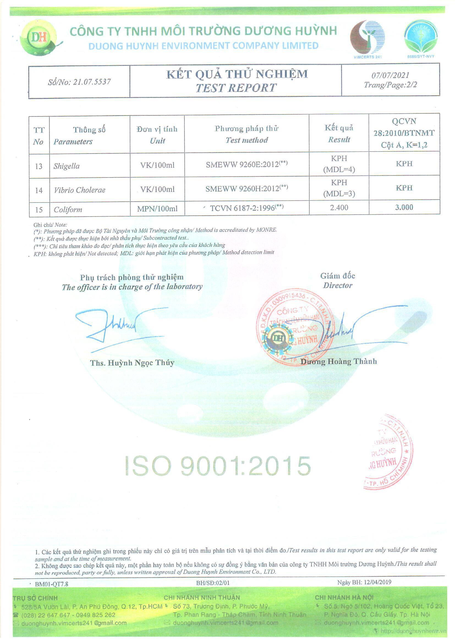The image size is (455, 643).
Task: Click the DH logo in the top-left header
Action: pyautogui.click(x=39, y=38)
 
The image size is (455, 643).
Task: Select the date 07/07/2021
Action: pyautogui.click(x=390, y=75)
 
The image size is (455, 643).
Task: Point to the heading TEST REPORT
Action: pyautogui.click(x=236, y=88)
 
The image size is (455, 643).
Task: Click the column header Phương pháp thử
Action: pyautogui.click(x=246, y=128)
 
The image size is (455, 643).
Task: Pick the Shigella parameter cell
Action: pyautogui.click(x=67, y=166)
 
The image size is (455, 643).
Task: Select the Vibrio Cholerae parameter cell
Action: pyautogui.click(x=80, y=190)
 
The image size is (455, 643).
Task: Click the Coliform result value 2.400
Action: pyautogui.click(x=339, y=208)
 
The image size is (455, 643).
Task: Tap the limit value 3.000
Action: pyautogui.click(x=404, y=207)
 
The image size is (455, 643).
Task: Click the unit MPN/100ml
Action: pyautogui.click(x=157, y=209)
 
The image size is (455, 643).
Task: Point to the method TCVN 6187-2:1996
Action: pyautogui.click(x=243, y=208)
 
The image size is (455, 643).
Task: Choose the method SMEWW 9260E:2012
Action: pyautogui.click(x=243, y=165)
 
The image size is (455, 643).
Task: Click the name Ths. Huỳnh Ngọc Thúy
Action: pyautogui.click(x=132, y=363)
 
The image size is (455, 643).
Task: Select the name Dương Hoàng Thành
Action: pyautogui.click(x=338, y=362)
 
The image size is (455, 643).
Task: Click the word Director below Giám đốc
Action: pyautogui.click(x=338, y=286)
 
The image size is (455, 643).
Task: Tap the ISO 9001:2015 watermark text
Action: pyautogui.click(x=218, y=466)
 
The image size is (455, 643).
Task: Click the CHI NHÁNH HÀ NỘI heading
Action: pyautogui.click(x=344, y=598)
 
